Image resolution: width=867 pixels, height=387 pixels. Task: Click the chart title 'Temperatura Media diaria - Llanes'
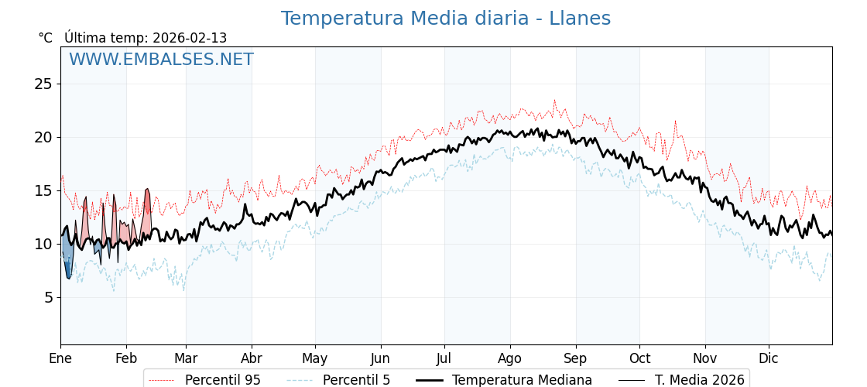point(445,19)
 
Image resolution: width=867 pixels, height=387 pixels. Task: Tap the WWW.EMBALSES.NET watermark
point(161,60)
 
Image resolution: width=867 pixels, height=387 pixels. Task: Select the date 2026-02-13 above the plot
point(190,38)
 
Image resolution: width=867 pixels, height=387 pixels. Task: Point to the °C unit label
point(46,38)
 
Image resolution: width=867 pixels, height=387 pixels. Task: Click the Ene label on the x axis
point(60,358)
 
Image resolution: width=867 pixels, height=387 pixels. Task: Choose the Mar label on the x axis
point(186,358)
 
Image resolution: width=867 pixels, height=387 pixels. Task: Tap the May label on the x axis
point(315,358)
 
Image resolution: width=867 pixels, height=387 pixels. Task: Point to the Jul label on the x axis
point(444,358)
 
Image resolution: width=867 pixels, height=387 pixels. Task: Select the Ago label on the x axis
point(510,358)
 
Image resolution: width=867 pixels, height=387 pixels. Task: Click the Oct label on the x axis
point(639,358)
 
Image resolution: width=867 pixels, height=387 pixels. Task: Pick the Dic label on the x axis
point(769,358)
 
